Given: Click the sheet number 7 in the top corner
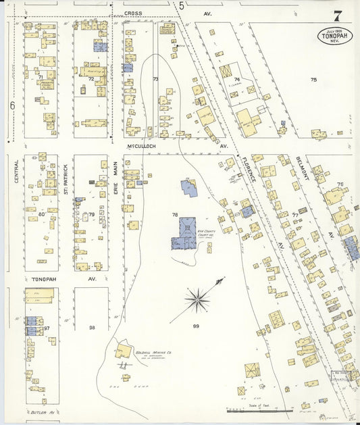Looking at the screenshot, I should tap(336, 15).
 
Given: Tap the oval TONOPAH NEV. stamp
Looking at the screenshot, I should tap(335, 36).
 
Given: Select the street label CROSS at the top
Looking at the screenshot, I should tap(132, 13).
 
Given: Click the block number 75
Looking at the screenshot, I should tap(313, 80).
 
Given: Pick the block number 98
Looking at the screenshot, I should tap(92, 327).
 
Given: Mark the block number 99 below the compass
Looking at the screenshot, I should tap(196, 326).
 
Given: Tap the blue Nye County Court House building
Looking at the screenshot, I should tap(182, 234).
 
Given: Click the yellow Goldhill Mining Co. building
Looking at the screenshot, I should tap(124, 351).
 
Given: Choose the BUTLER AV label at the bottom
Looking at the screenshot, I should tap(41, 411).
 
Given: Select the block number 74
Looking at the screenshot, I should tap(236, 79).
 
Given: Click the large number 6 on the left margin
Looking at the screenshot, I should tap(11, 105).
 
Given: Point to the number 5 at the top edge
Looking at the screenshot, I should tap(181, 6).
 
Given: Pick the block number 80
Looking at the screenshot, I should tap(41, 214).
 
